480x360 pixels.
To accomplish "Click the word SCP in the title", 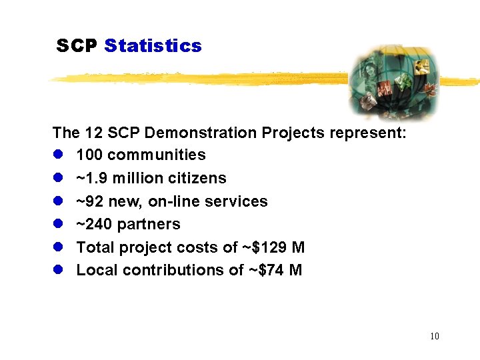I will (77, 46).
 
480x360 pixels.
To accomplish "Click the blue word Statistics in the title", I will (153, 46).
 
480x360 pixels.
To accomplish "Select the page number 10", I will (435, 336).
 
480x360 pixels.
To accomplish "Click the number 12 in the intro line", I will (91, 133).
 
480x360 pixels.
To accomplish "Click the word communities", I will (157, 155).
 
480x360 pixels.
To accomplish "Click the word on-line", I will (183, 201).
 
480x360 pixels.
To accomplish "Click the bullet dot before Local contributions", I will (58, 270).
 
